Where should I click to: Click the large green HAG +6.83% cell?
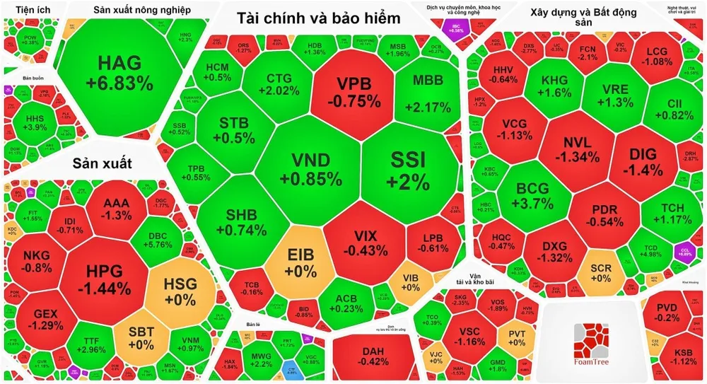click(x=119, y=73)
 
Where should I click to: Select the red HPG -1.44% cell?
click(x=105, y=279)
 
